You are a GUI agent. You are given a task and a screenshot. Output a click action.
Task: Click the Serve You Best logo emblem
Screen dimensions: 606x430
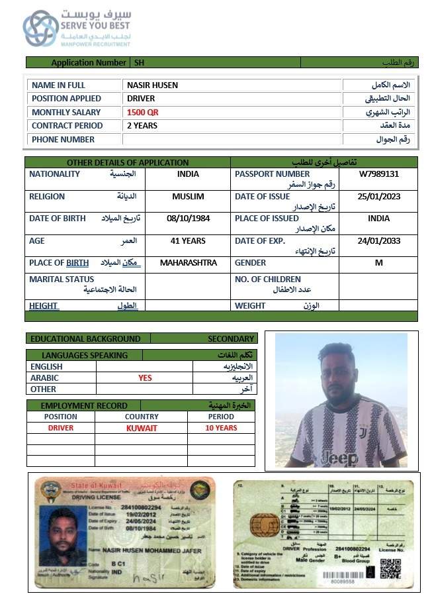[41, 28]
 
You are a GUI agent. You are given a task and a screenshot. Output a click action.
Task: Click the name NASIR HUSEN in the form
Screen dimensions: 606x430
[152, 85]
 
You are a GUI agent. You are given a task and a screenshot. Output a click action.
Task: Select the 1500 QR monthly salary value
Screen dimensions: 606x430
[143, 113]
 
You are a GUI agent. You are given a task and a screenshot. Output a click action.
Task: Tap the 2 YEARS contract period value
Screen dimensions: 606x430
[143, 126]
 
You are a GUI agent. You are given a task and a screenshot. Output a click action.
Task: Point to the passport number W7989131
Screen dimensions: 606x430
[378, 174]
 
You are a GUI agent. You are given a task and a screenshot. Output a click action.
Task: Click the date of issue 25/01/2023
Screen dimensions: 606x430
[378, 197]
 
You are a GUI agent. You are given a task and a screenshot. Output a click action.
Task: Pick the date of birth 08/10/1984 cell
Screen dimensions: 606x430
[188, 219]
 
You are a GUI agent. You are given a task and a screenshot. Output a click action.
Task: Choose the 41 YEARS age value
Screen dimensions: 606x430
[188, 241]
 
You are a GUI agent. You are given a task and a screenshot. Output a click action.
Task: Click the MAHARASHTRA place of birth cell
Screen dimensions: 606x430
[188, 263]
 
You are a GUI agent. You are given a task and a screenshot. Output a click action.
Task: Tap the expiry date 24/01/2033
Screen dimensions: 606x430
[378, 241]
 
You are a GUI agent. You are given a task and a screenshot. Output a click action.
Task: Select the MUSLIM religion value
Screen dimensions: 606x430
[188, 197]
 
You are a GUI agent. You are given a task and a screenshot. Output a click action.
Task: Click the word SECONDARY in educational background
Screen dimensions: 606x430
[231, 338]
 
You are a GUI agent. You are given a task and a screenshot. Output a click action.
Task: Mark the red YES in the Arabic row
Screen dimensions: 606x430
[145, 378]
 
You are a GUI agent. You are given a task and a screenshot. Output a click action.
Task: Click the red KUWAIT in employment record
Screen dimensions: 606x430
[142, 429]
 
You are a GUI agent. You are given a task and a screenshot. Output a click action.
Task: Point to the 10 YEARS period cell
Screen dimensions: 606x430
[221, 429]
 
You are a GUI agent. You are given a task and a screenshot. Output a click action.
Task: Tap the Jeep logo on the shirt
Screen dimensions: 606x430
[339, 458]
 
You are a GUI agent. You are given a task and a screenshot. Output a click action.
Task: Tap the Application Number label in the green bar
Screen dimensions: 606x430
[89, 63]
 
